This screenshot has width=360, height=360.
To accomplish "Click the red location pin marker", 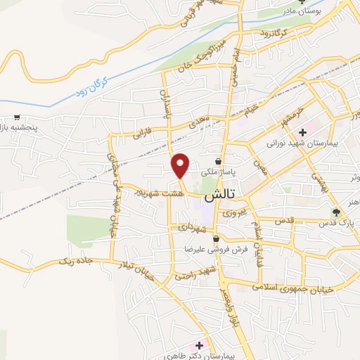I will [x=181, y=165].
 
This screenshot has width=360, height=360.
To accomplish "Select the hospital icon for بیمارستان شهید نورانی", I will [x=302, y=131].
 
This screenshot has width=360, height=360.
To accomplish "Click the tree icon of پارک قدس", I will [x=337, y=211].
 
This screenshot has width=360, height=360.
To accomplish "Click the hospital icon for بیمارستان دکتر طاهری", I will [x=199, y=345].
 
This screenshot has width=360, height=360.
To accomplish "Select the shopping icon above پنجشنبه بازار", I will [x=16, y=118].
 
